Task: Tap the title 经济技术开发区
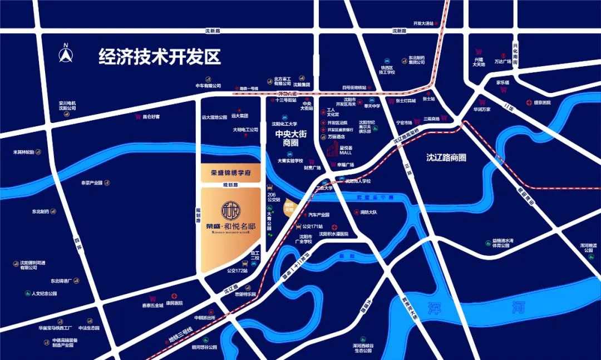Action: (x=160, y=57)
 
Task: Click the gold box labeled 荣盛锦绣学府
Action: (x=230, y=173)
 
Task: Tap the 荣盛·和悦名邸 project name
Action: (x=230, y=226)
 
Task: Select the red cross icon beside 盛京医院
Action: (x=528, y=102)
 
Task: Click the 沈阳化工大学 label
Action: (x=284, y=124)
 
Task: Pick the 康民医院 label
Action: (x=174, y=304)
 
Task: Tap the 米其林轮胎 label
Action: (x=24, y=151)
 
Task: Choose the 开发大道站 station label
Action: (x=423, y=23)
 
